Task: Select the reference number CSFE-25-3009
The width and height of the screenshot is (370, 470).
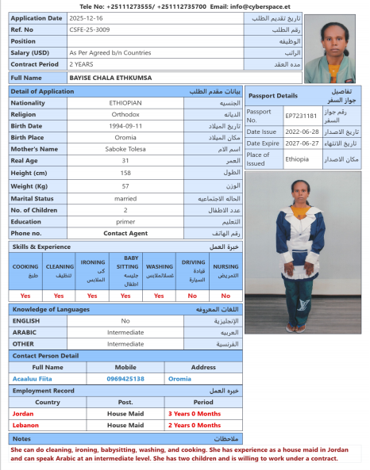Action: tap(91, 29)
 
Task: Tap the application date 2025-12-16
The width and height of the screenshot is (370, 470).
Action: tap(87, 17)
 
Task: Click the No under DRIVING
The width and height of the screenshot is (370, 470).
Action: tap(193, 295)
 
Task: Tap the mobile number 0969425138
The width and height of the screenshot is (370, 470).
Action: tap(125, 379)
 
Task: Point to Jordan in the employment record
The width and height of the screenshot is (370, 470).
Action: tap(25, 414)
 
